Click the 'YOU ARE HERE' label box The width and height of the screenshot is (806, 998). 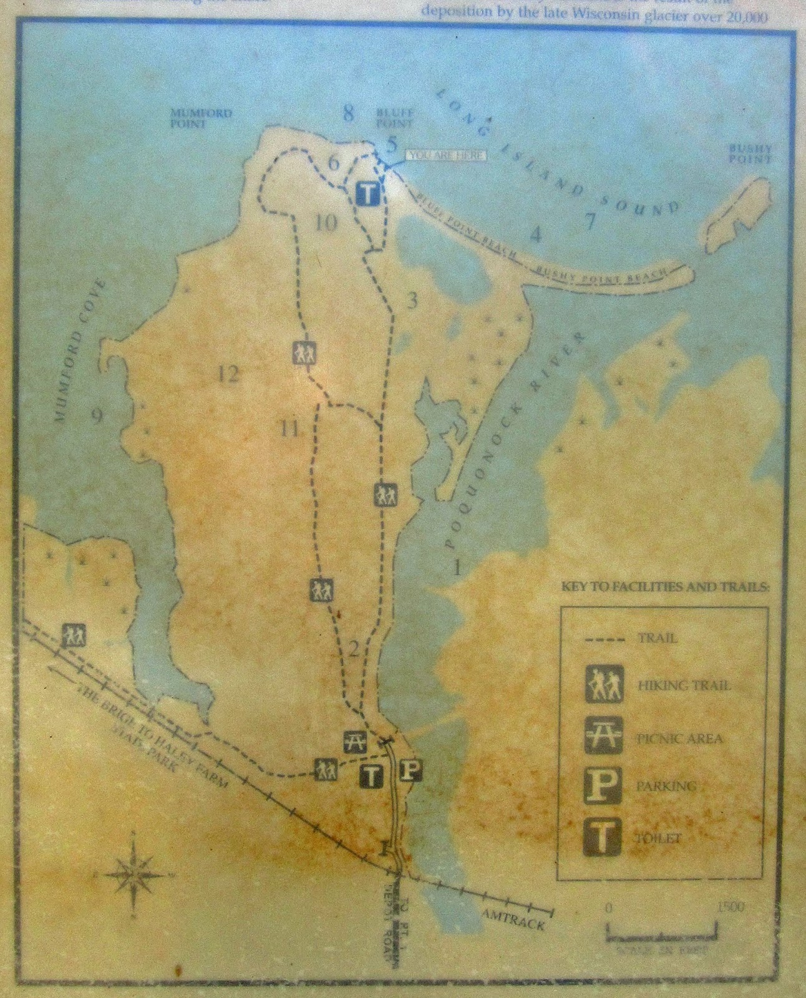(x=445, y=155)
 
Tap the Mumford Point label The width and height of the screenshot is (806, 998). (x=201, y=118)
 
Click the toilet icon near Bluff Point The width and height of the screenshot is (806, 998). (x=368, y=193)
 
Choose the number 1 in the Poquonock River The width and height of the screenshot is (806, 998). (x=457, y=568)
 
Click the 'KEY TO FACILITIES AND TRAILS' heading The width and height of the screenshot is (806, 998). (x=666, y=587)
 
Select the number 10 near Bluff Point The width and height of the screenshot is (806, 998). (x=325, y=222)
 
